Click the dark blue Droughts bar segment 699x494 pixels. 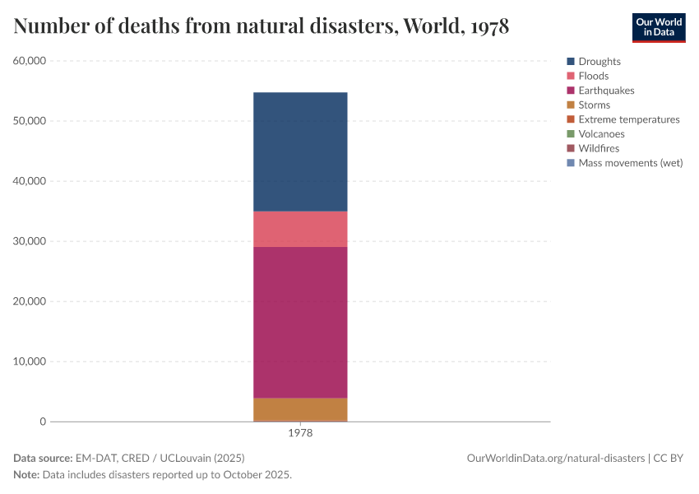tap(300, 151)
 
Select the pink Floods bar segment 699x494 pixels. tap(300, 229)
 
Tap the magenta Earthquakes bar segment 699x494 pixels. tap(300, 322)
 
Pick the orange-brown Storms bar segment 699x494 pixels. tap(300, 409)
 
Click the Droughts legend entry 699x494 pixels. tap(599, 62)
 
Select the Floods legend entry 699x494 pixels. tap(593, 76)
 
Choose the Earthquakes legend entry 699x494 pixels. tap(605, 91)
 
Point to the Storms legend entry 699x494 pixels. tap(594, 105)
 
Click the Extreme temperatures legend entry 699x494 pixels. tap(628, 119)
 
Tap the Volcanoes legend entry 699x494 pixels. tap(601, 133)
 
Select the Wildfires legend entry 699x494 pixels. tap(598, 148)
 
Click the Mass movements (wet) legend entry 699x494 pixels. tap(630, 163)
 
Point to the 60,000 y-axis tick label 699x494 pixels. tap(30, 61)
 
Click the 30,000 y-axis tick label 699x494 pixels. tap(30, 241)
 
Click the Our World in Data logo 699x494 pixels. tap(658, 27)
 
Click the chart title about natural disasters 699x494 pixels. tap(262, 26)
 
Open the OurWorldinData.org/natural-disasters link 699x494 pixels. tap(556, 458)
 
